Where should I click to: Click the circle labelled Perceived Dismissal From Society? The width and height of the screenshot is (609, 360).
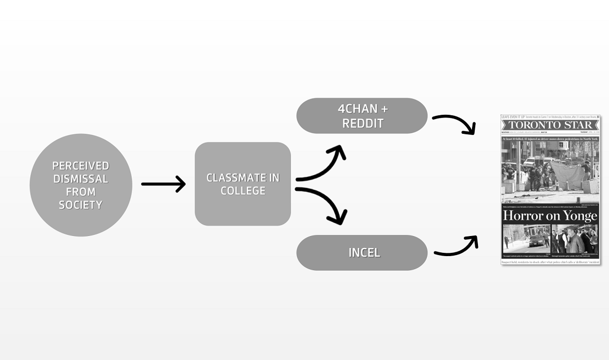80,185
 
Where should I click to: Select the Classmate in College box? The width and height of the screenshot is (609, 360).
243,184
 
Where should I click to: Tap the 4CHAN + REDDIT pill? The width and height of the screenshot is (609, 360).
362,116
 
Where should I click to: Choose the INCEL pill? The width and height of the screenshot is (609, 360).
362,252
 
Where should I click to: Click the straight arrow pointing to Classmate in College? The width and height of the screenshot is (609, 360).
163,184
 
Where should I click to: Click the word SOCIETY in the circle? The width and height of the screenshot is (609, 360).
80,205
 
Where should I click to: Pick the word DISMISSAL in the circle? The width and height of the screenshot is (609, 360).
80,179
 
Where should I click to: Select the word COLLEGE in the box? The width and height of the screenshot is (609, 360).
243,191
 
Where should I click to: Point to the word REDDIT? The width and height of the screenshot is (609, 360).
363,123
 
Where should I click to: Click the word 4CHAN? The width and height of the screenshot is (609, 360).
357,109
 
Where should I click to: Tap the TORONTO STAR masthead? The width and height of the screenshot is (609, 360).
550,125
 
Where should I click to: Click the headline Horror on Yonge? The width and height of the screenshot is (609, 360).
550,215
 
